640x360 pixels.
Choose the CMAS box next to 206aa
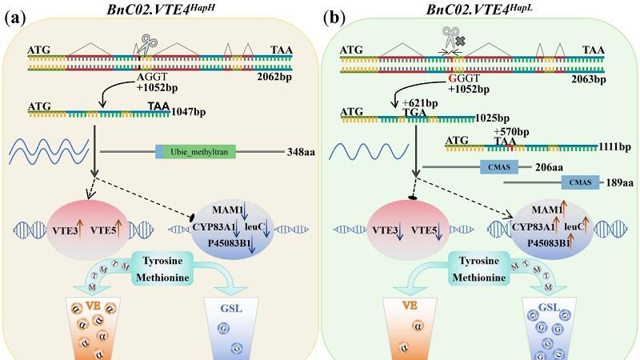coord(498,167)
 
